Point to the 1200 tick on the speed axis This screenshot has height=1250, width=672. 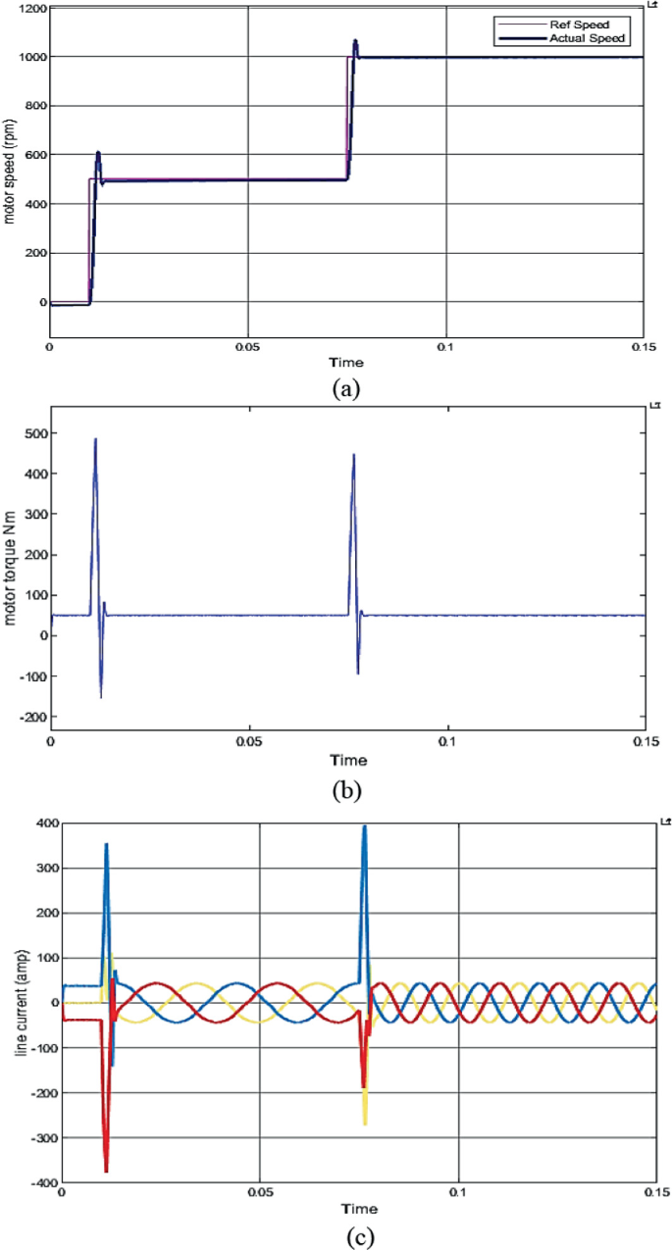(x=30, y=9)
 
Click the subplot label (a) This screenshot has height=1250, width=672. (x=346, y=388)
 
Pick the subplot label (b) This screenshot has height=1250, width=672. (x=347, y=785)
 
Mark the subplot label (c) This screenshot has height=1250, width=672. (x=360, y=1236)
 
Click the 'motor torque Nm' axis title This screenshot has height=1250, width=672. (x=9, y=576)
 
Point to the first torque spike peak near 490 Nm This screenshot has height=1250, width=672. (x=95, y=439)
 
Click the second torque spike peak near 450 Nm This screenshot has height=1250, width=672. (x=354, y=455)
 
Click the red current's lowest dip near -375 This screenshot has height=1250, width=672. (x=106, y=1171)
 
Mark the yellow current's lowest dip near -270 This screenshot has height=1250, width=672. (x=365, y=1124)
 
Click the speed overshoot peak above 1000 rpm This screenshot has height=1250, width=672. (x=355, y=41)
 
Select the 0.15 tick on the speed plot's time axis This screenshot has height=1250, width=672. (x=644, y=346)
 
